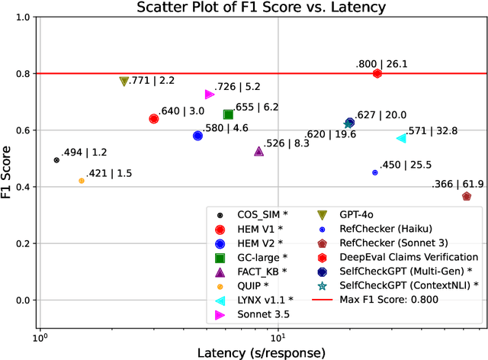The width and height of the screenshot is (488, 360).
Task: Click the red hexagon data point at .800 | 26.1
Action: click(x=377, y=73)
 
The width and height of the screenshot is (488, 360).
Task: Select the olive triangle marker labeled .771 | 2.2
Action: click(x=124, y=82)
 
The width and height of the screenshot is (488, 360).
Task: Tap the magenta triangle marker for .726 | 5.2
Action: click(x=210, y=95)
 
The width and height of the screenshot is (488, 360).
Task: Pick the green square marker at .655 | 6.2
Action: click(x=228, y=114)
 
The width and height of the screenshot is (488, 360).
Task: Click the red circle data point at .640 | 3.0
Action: click(x=153, y=119)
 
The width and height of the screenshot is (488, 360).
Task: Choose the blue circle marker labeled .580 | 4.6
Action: click(x=197, y=136)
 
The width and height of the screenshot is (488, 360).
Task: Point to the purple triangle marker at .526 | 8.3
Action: click(x=258, y=151)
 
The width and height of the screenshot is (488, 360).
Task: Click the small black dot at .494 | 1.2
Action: click(x=56, y=160)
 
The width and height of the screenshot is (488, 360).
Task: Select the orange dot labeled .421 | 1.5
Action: click(x=82, y=181)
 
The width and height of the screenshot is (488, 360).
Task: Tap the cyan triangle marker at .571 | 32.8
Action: click(x=401, y=138)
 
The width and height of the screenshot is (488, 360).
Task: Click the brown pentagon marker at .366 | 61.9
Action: click(x=467, y=196)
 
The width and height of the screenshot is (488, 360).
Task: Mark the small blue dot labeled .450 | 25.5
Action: click(x=374, y=172)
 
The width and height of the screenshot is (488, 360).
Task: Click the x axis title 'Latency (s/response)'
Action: click(x=262, y=352)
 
